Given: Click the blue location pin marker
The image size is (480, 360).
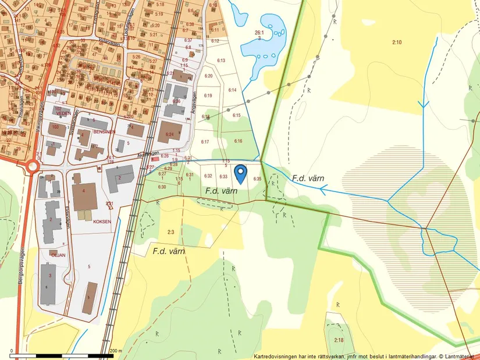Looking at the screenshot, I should click(240, 173).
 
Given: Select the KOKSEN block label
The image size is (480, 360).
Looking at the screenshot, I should click(102, 221).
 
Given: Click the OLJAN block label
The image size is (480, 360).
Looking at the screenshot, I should click(57, 254).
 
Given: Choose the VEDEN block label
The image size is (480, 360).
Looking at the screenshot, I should click(63, 113).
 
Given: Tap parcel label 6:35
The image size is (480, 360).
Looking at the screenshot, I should click(258, 179).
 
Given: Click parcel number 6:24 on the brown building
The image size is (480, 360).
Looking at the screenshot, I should click(170, 134).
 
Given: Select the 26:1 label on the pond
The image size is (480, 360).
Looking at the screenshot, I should click(259, 33).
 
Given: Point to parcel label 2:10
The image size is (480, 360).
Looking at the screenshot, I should click(397, 42).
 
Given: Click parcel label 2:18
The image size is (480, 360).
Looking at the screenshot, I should click(339, 340).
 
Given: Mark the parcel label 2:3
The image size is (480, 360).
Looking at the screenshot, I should click(170, 232).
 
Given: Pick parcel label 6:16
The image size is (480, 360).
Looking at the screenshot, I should click(238, 141).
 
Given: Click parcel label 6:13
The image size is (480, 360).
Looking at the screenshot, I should click(221, 60).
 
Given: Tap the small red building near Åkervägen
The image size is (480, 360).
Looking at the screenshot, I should click(154, 158).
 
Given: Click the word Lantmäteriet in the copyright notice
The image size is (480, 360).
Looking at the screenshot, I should click(458, 355).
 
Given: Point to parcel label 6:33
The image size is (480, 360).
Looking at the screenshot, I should click(223, 176).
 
